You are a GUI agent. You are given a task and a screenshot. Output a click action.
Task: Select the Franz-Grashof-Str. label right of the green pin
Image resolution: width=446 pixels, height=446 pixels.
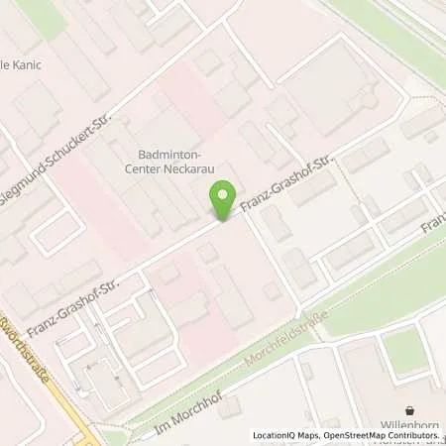point(288,182)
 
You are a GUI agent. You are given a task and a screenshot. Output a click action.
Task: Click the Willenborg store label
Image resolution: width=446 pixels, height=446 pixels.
point(410,426)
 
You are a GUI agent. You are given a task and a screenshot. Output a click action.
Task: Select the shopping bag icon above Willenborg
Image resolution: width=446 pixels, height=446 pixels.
point(410,409)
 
